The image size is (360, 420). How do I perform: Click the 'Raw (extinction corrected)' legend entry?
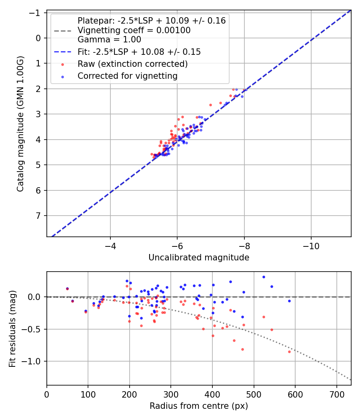[x=132, y=64]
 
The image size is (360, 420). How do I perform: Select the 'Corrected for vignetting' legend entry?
[x=127, y=76]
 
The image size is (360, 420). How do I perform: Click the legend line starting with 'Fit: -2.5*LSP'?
[x=139, y=52]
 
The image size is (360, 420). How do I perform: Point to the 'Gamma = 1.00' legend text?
[x=109, y=40]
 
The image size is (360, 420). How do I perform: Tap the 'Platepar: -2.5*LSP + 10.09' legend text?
[x=151, y=21]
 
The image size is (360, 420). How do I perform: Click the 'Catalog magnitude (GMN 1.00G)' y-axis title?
[x=20, y=124]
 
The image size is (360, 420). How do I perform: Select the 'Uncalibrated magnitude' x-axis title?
[x=199, y=258]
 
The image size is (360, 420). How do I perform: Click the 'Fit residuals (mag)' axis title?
[x=12, y=329]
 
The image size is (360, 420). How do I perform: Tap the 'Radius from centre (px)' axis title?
[x=199, y=406]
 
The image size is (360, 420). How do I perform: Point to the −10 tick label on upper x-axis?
[x=311, y=246]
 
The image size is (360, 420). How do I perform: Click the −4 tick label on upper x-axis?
[x=110, y=246]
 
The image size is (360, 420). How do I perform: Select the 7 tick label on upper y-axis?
[x=38, y=216]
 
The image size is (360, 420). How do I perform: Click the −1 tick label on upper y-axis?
[x=36, y=13]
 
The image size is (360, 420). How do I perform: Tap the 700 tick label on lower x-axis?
[x=336, y=394]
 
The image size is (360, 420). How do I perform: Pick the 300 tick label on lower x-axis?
[x=171, y=394]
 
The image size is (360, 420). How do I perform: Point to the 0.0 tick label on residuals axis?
[x=35, y=297]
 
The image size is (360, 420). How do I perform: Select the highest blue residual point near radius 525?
[x=264, y=277]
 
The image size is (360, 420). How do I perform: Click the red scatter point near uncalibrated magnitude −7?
[x=210, y=105]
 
